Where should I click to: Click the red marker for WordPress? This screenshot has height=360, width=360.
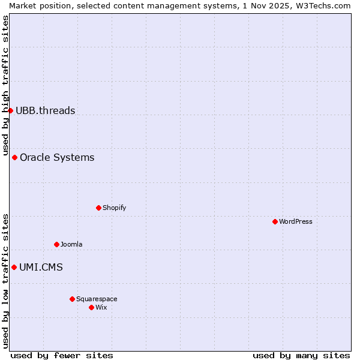[275, 221]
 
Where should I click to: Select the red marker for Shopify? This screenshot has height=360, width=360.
[98, 208]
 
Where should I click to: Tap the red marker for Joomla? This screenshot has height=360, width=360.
[56, 244]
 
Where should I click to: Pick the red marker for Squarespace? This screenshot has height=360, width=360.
[72, 299]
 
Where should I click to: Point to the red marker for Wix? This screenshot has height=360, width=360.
[91, 307]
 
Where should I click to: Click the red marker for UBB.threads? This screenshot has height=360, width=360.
[10, 110]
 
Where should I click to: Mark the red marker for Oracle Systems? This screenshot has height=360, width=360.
[14, 157]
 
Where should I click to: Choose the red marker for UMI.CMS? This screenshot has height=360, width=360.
[14, 267]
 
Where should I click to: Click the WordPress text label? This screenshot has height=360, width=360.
[296, 221]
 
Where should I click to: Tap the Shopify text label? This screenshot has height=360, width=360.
[115, 208]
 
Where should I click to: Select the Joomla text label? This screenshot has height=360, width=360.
[71, 244]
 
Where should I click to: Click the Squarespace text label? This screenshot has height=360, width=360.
[97, 299]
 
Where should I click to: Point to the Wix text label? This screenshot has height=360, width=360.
[101, 307]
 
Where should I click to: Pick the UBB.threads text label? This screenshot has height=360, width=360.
[46, 110]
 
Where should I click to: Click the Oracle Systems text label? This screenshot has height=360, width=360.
[57, 157]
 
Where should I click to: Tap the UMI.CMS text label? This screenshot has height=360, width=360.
[41, 267]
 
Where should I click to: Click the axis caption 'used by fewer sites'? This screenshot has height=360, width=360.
[62, 355]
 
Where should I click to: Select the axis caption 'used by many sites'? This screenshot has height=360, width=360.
[301, 355]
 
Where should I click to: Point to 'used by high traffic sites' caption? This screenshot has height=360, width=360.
[6, 84]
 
